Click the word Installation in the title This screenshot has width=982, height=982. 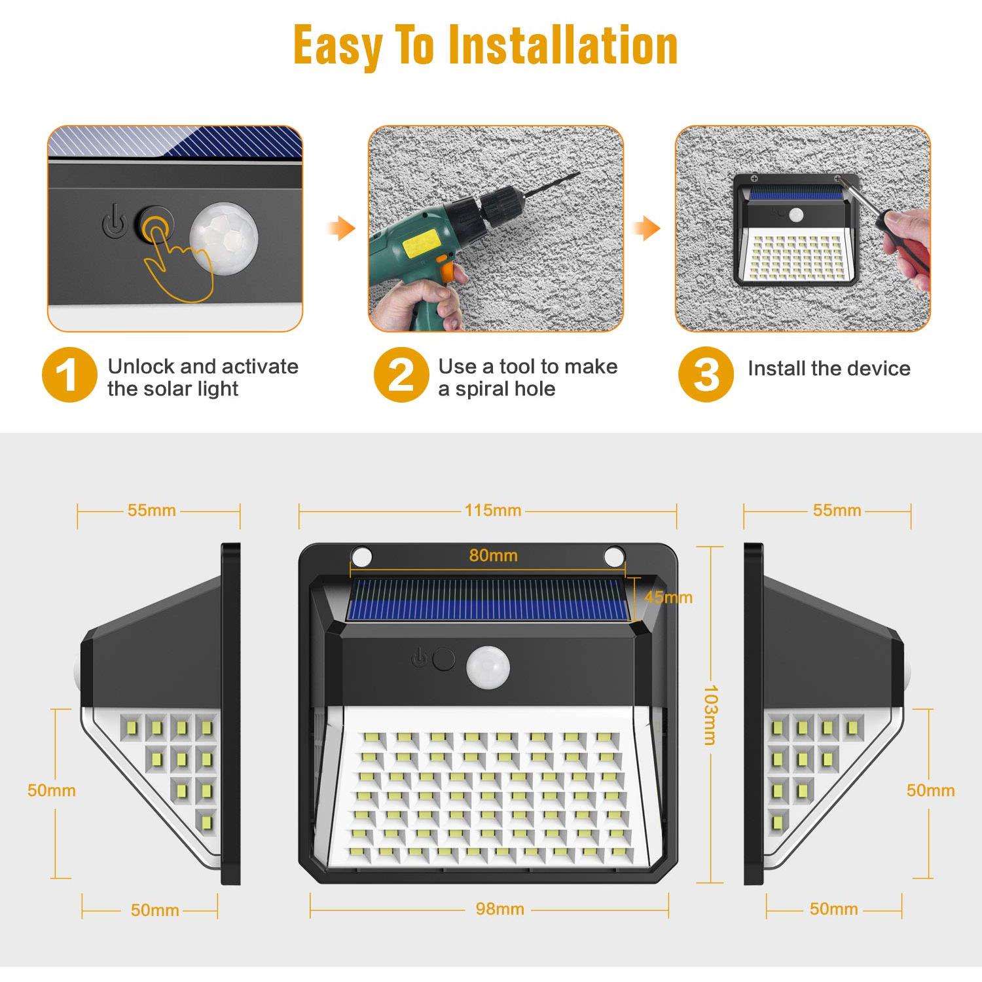coord(563,46)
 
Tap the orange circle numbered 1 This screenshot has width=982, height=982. coord(69,375)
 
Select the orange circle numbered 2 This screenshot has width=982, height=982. coord(401,375)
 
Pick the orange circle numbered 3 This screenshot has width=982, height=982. coord(705,375)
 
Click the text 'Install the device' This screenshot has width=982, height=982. coord(829,369)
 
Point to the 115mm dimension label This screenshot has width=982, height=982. coord(493,511)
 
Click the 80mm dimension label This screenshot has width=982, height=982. coord(493,556)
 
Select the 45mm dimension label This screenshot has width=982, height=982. coord(668,597)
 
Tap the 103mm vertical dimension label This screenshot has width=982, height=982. coord(710,715)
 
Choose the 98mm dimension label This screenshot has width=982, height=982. coord(500,909)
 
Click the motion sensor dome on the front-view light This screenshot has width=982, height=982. coord(488,668)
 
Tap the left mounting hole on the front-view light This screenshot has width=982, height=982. coord(361,557)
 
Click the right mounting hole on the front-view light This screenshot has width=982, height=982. coord(614,557)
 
